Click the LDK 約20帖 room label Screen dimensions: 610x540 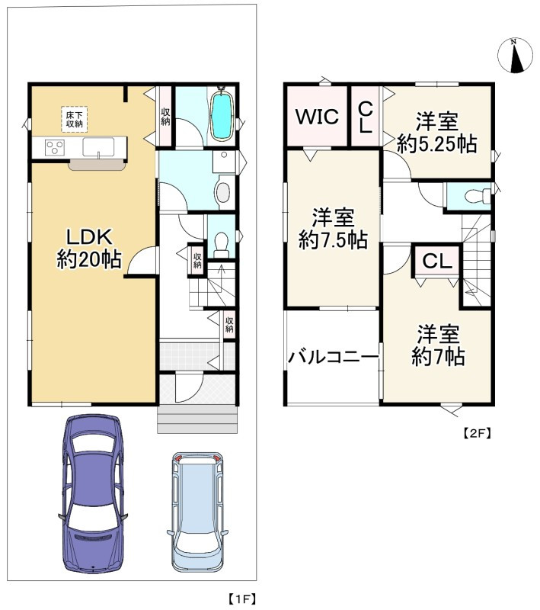click(x=88, y=247)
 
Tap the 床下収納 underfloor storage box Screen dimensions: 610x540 click(x=74, y=119)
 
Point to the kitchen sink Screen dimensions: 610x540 click(x=98, y=147)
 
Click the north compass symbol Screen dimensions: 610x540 click(x=515, y=56)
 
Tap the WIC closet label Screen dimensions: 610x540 click(x=317, y=117)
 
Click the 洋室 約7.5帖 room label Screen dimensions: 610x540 click(x=333, y=229)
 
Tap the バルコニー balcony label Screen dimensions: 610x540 click(x=333, y=357)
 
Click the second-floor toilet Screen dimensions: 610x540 click(x=478, y=195)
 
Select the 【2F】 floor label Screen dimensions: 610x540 click(x=477, y=432)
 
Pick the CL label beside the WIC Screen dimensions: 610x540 click(x=366, y=117)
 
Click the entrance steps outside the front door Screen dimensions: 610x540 click(x=198, y=419)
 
